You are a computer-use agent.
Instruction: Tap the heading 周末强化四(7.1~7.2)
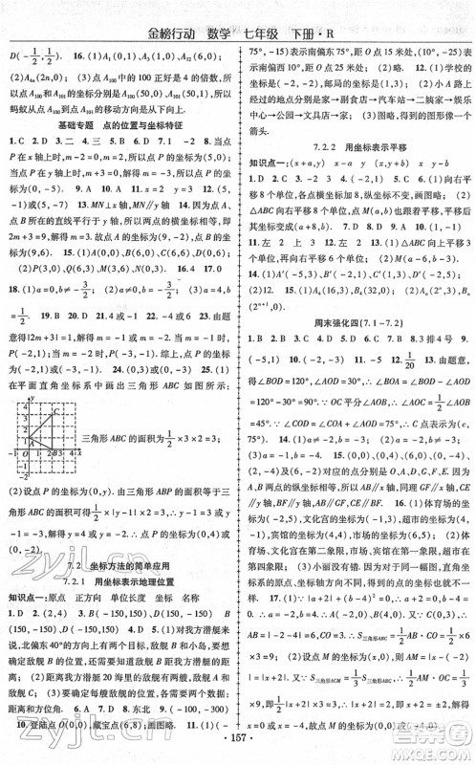click(357, 368)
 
